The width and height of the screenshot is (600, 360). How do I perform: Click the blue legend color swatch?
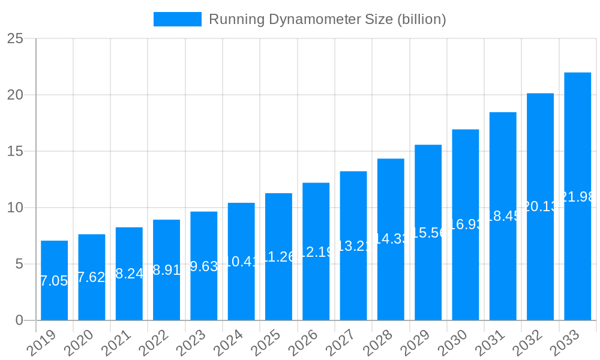178,19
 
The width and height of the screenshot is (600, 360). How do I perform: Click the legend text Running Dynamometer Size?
327,19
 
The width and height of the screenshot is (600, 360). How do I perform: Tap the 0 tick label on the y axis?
19,320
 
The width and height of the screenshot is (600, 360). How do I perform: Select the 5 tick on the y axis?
19,264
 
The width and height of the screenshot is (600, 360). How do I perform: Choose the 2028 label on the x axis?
385,344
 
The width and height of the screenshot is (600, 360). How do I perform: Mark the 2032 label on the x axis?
534,344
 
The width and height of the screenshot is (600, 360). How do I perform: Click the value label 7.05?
54,281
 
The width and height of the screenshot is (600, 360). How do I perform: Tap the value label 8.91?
166,270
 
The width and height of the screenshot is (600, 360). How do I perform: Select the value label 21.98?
577,197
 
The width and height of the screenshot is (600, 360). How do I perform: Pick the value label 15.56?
428,233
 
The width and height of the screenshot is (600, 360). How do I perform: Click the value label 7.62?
91,277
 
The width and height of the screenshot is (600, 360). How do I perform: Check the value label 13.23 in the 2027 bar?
353,246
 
